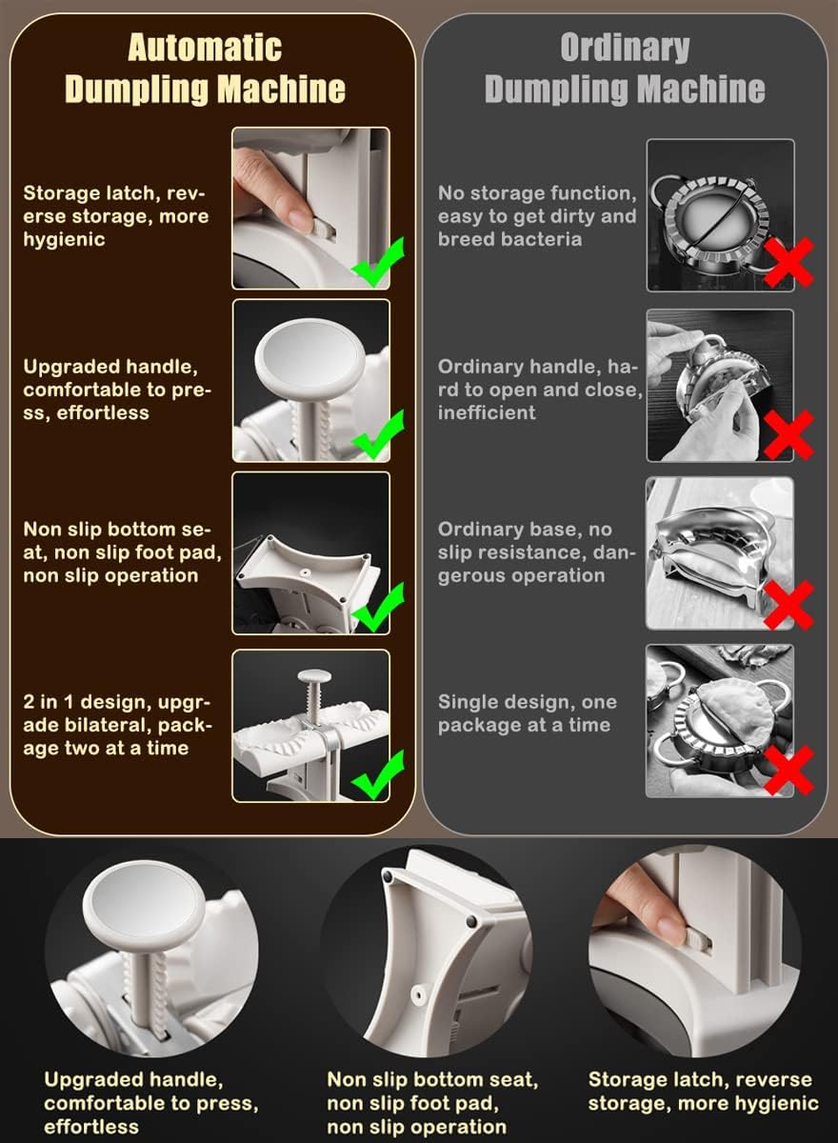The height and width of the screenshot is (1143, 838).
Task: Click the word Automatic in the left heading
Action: (x=205, y=48)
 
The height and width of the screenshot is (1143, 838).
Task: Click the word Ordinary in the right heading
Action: (x=625, y=48)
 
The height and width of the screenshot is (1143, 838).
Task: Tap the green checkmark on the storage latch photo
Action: (x=378, y=261)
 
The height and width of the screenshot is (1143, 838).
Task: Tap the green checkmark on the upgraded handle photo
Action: (x=378, y=434)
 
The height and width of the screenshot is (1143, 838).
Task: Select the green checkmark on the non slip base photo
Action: (x=378, y=607)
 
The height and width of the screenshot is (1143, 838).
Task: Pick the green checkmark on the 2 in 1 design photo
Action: (x=378, y=774)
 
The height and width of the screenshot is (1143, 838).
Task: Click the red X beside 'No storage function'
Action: (x=788, y=262)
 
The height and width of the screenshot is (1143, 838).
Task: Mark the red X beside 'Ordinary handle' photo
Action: (x=788, y=435)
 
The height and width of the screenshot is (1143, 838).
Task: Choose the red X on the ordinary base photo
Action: (x=788, y=605)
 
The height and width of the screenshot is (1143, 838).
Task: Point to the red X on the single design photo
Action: (x=788, y=771)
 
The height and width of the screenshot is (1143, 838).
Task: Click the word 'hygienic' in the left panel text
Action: (x=64, y=240)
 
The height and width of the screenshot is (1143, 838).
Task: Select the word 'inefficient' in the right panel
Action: (x=487, y=412)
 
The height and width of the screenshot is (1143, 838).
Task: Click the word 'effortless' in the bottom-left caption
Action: (x=91, y=1127)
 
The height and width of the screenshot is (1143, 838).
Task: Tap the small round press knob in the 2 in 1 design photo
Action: (x=314, y=676)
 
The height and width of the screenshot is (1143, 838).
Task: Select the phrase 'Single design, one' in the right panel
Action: (x=528, y=702)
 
